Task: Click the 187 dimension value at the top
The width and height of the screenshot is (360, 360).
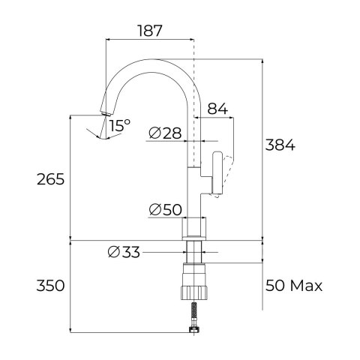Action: coord(151,31)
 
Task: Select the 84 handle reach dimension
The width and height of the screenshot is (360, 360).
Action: coord(217,109)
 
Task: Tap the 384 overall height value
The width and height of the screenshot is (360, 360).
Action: coord(281,145)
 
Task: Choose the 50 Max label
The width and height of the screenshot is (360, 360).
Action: coord(293,286)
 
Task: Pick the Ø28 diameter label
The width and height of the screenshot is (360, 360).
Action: coord(165,133)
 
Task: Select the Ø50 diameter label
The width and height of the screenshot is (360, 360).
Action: coord(165,210)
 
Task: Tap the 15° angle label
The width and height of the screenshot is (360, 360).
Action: coord(119,126)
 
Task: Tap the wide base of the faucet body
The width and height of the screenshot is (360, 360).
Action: coord(194,228)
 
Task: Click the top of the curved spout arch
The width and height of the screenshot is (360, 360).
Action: coord(154,60)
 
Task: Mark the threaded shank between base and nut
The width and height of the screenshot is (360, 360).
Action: coord(194,250)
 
